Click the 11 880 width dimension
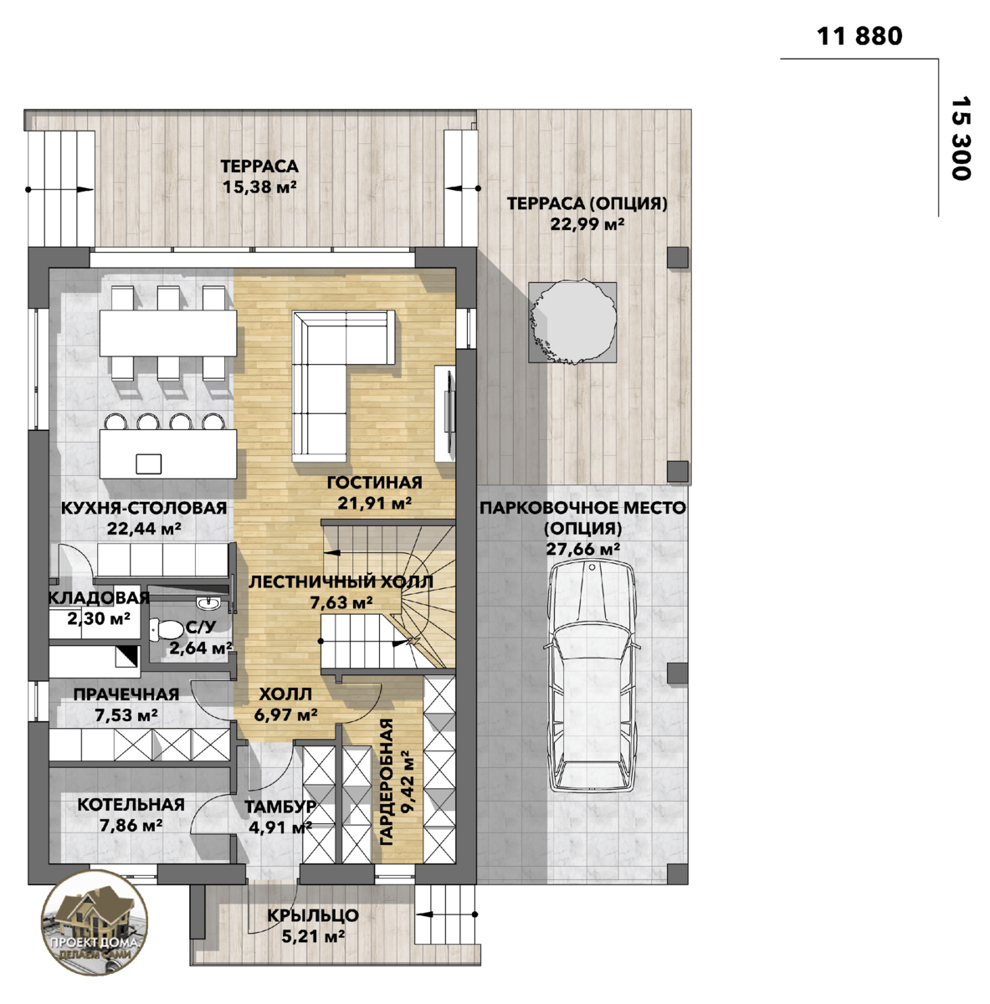click(859, 37)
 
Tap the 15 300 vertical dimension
click(961, 138)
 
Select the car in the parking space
click(592, 678)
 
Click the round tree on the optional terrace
click(572, 321)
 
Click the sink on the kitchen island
click(149, 464)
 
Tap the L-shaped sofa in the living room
click(343, 386)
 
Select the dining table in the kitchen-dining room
click(168, 334)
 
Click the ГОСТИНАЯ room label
click(374, 483)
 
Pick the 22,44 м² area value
click(144, 529)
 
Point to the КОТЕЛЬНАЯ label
click(131, 804)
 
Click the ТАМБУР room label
click(280, 807)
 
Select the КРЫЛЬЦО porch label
click(313, 915)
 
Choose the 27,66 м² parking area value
click(582, 549)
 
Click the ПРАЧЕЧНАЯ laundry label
click(126, 694)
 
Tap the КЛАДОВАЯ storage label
click(99, 597)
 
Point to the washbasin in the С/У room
click(209, 602)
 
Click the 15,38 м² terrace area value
click(259, 187)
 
